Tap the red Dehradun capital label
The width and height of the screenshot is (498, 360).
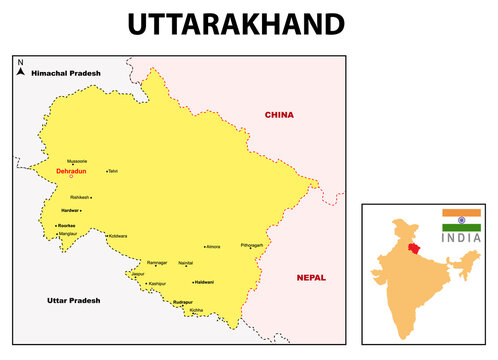[x=71, y=171]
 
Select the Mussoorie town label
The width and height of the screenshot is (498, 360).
[x=77, y=161]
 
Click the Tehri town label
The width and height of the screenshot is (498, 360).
[x=113, y=171]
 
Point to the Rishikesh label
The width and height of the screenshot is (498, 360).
[x=82, y=197]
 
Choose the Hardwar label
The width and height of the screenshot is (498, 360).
[x=70, y=211]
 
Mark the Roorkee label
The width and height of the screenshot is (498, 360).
[x=68, y=226]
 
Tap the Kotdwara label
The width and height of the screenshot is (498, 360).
[x=117, y=235]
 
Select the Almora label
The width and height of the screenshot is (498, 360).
[x=212, y=245]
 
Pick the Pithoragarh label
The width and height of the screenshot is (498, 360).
[x=252, y=245]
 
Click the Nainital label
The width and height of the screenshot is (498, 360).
[x=185, y=263]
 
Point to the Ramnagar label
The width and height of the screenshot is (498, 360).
[x=157, y=263]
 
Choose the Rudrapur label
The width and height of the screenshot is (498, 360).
[x=182, y=301]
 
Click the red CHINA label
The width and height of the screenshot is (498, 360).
[x=279, y=115]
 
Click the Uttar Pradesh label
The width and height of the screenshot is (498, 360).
[x=75, y=299]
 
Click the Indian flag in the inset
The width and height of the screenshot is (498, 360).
[x=461, y=220]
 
